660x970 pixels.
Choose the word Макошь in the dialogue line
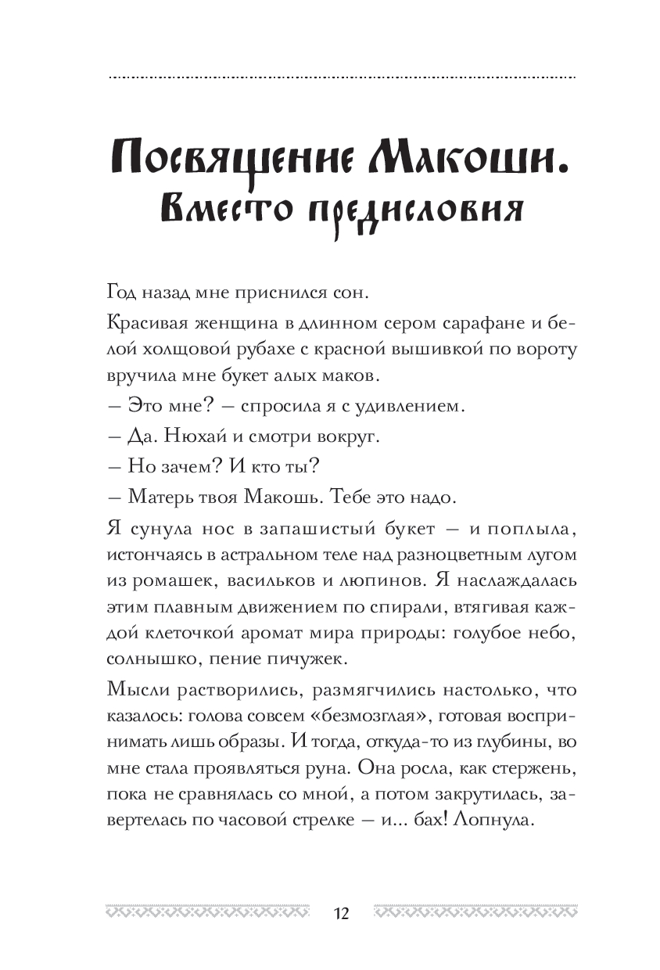click(286, 498)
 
